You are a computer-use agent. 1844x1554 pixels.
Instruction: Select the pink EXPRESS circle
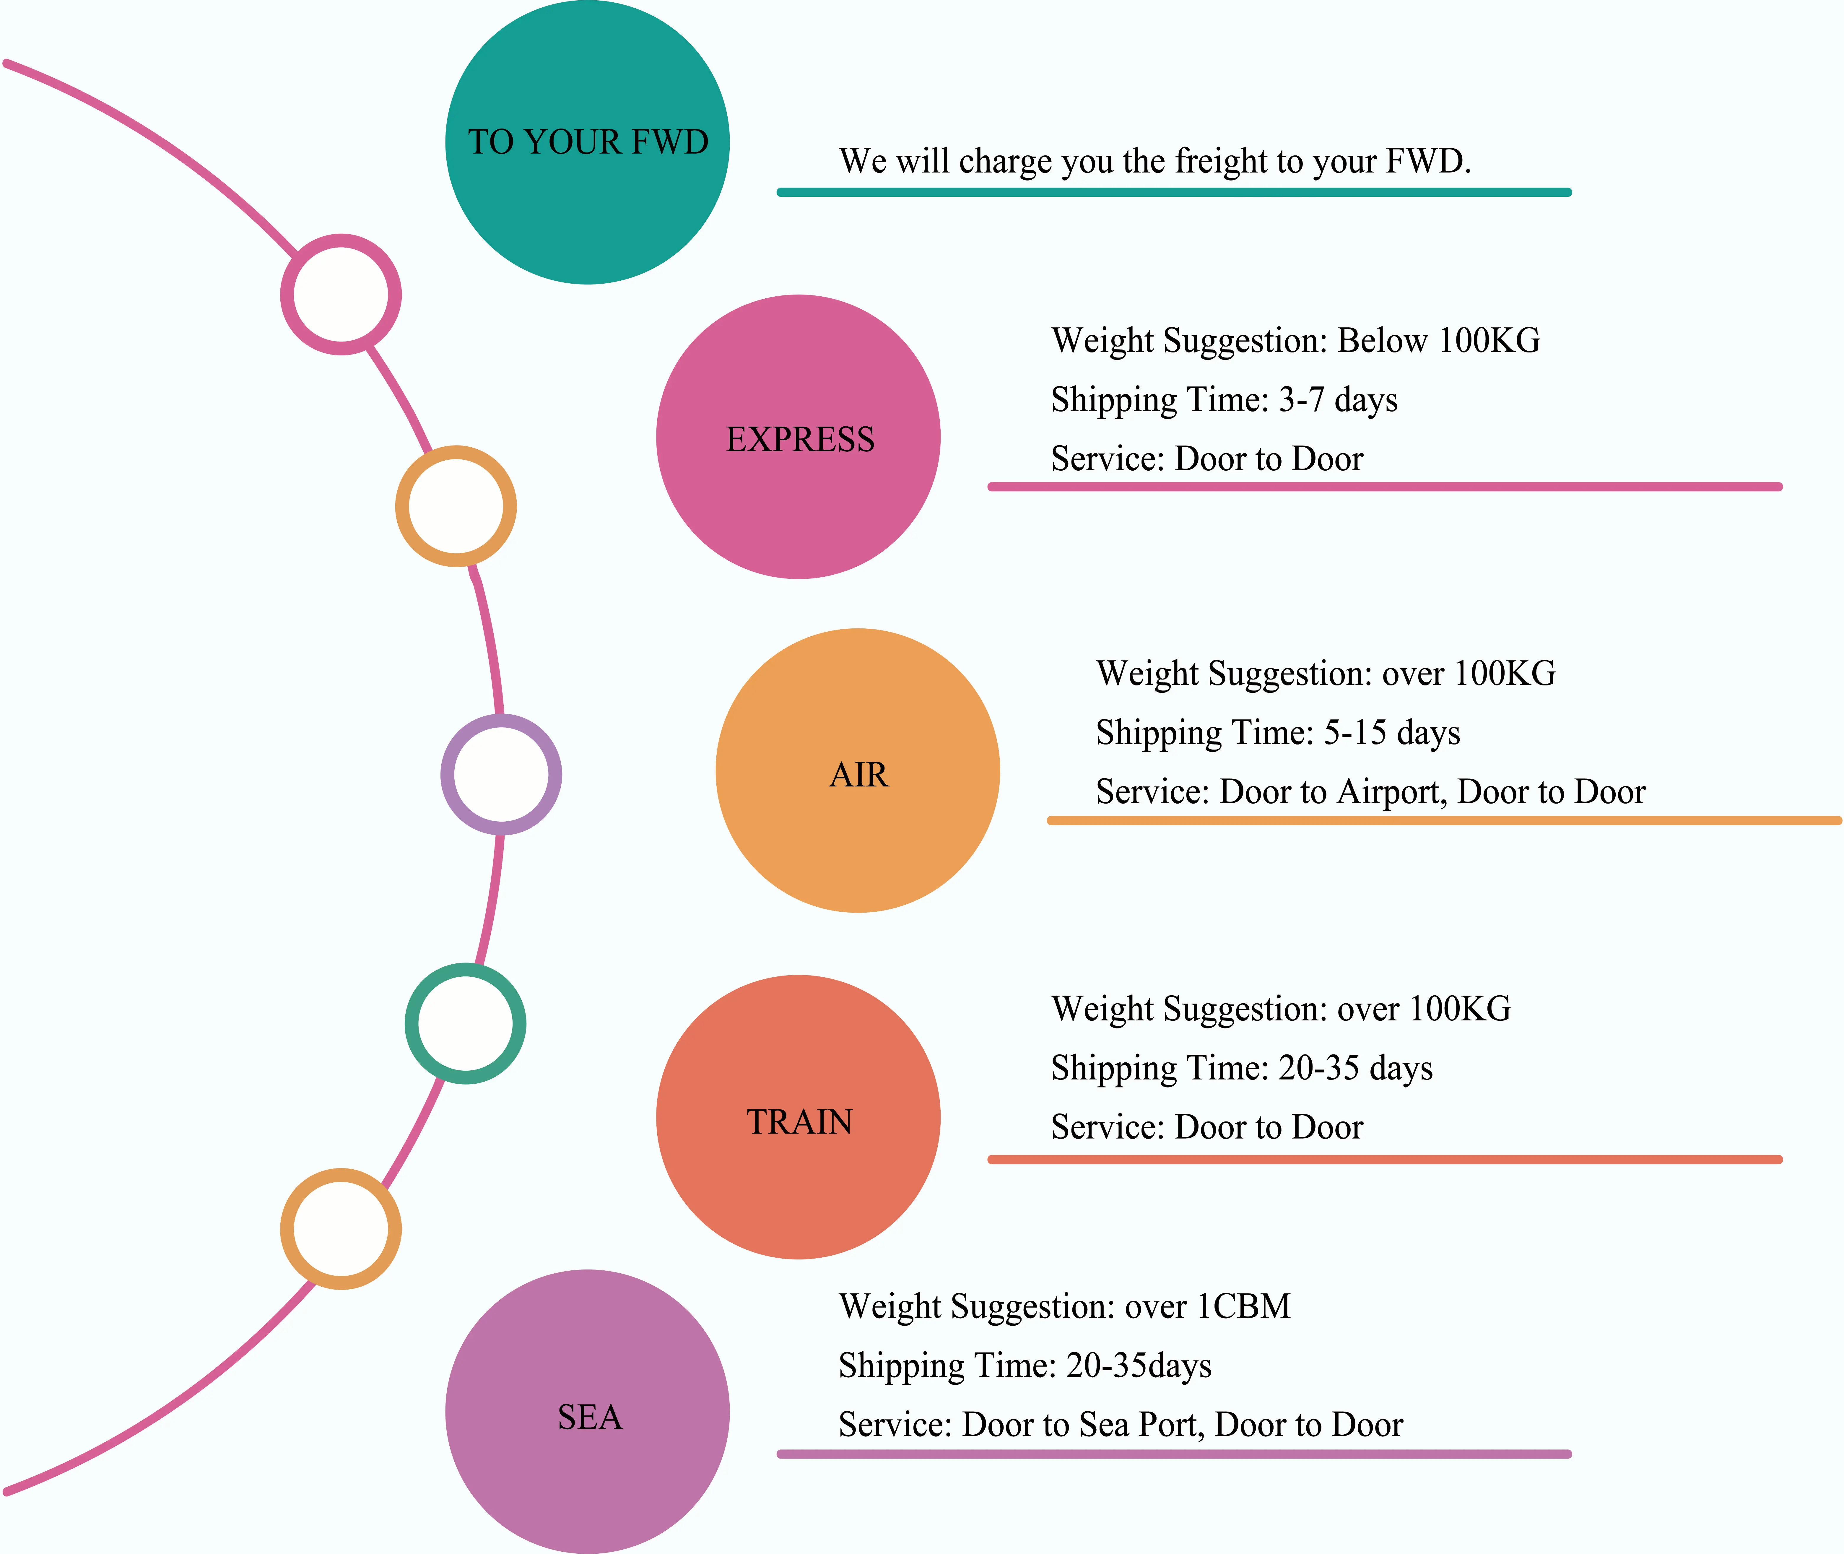(x=798, y=437)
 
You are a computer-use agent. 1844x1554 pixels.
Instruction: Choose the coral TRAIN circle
(x=798, y=1117)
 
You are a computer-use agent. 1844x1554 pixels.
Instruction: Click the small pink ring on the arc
(x=341, y=294)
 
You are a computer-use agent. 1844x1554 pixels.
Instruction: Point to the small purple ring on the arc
(x=500, y=774)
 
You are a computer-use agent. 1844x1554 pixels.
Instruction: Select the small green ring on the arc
(x=465, y=1024)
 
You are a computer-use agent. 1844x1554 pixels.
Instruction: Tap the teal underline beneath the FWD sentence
(x=1173, y=192)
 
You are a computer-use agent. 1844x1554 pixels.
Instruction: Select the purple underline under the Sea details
(x=1173, y=1454)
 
